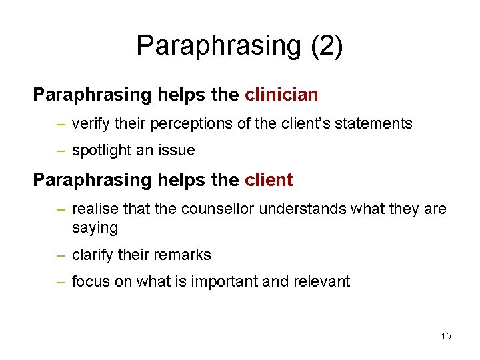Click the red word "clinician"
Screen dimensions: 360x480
(x=281, y=95)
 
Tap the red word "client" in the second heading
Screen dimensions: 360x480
(x=269, y=180)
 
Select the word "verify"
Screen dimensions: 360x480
(x=91, y=123)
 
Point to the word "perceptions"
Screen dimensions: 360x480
(x=185, y=123)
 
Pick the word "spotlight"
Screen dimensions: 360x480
(x=102, y=151)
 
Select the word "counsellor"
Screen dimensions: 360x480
(x=217, y=209)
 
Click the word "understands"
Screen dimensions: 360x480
(x=300, y=209)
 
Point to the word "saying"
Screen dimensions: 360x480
(x=95, y=228)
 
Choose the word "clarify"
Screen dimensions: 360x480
(x=93, y=255)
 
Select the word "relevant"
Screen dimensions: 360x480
(x=321, y=282)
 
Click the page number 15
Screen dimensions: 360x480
(x=446, y=336)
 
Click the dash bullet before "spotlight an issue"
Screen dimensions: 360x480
(x=61, y=151)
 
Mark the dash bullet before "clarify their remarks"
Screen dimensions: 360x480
(x=61, y=256)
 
